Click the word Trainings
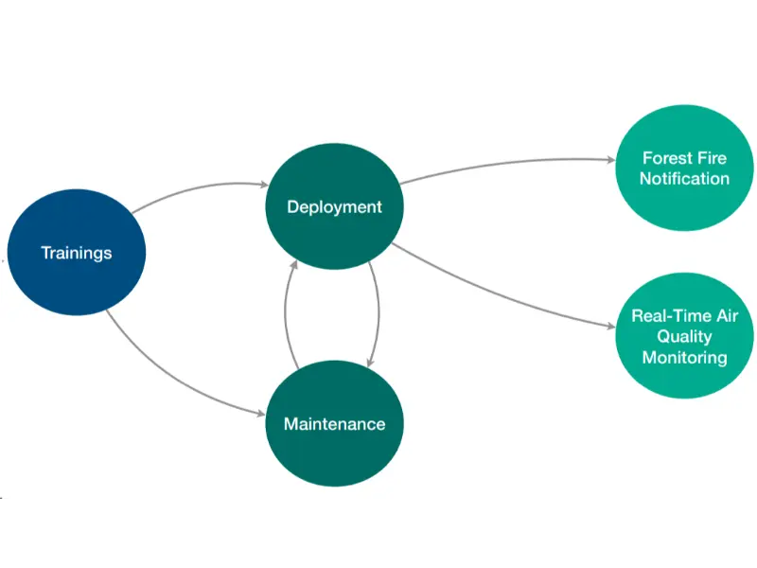tap(77, 253)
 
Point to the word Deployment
tap(334, 206)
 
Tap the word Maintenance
tap(334, 423)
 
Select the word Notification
tap(684, 179)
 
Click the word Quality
tap(684, 337)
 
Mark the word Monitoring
tap(684, 358)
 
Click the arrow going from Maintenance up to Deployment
tap(286, 312)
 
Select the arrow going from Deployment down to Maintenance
tap(378, 312)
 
